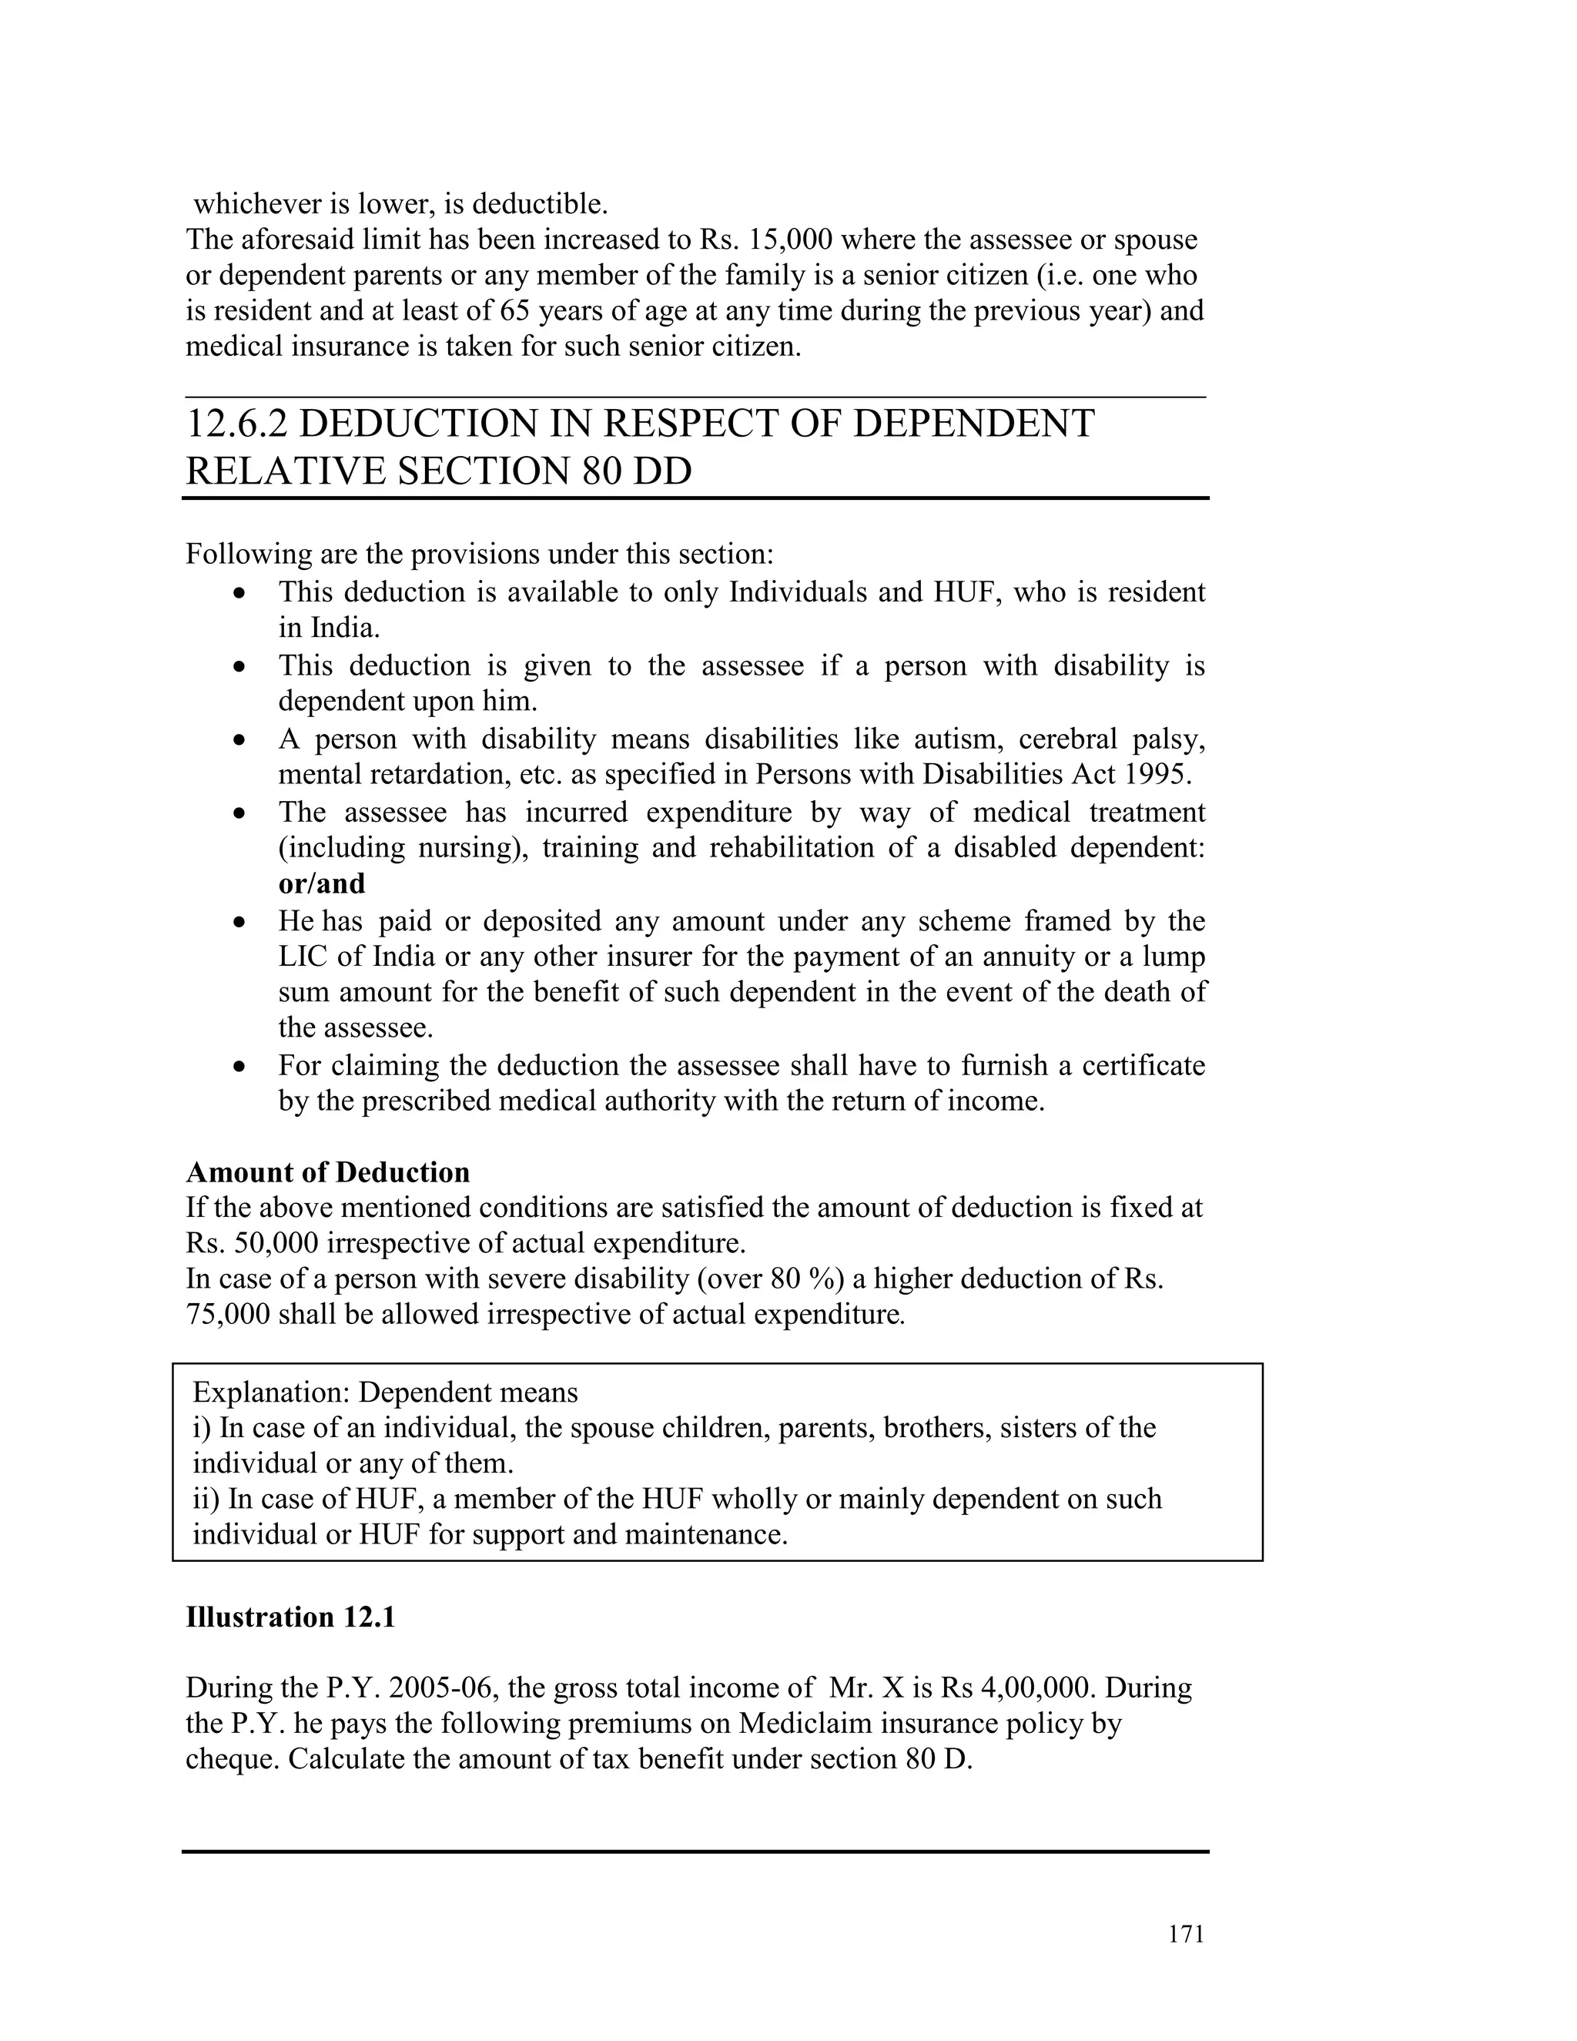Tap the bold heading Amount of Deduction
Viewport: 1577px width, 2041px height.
(328, 1172)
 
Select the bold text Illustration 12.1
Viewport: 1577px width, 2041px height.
(290, 1617)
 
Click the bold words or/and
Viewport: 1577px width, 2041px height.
(321, 883)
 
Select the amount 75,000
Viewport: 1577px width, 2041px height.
(228, 1315)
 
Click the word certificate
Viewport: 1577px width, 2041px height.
(1143, 1065)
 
